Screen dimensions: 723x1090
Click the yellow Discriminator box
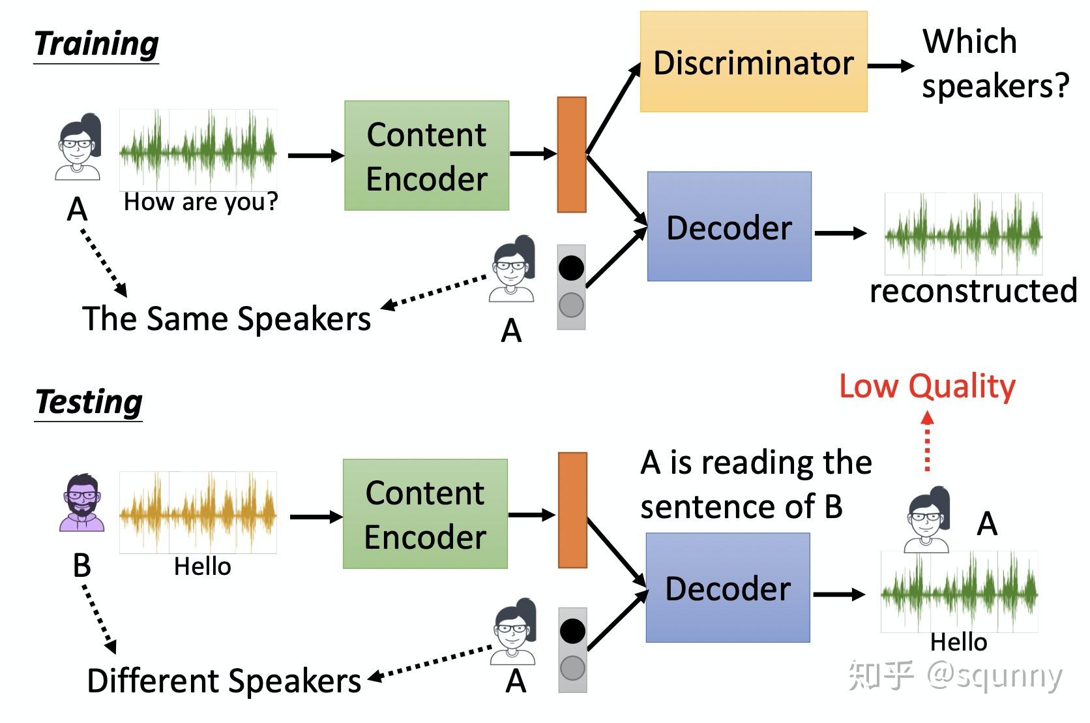(x=753, y=63)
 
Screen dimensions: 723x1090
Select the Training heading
(x=96, y=44)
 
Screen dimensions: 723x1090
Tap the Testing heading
(x=89, y=403)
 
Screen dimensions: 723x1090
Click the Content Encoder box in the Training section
(x=426, y=156)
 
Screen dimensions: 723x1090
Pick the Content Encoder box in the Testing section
(x=425, y=514)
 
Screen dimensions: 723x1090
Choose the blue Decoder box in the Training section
(x=729, y=227)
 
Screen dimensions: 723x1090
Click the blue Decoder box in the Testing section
(x=728, y=588)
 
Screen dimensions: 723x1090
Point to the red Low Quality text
(x=926, y=386)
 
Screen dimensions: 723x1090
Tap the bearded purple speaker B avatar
(x=82, y=503)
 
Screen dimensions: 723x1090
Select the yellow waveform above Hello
(x=198, y=513)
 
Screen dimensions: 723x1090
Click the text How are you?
(x=200, y=202)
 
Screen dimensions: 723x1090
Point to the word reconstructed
(x=973, y=291)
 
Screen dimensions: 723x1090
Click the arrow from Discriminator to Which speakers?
(x=891, y=65)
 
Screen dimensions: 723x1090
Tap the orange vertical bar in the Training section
(x=572, y=155)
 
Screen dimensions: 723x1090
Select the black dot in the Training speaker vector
(x=571, y=268)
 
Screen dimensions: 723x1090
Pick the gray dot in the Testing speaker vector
(x=572, y=668)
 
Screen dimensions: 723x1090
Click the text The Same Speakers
(x=226, y=319)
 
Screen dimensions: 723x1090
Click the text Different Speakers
(x=224, y=681)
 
